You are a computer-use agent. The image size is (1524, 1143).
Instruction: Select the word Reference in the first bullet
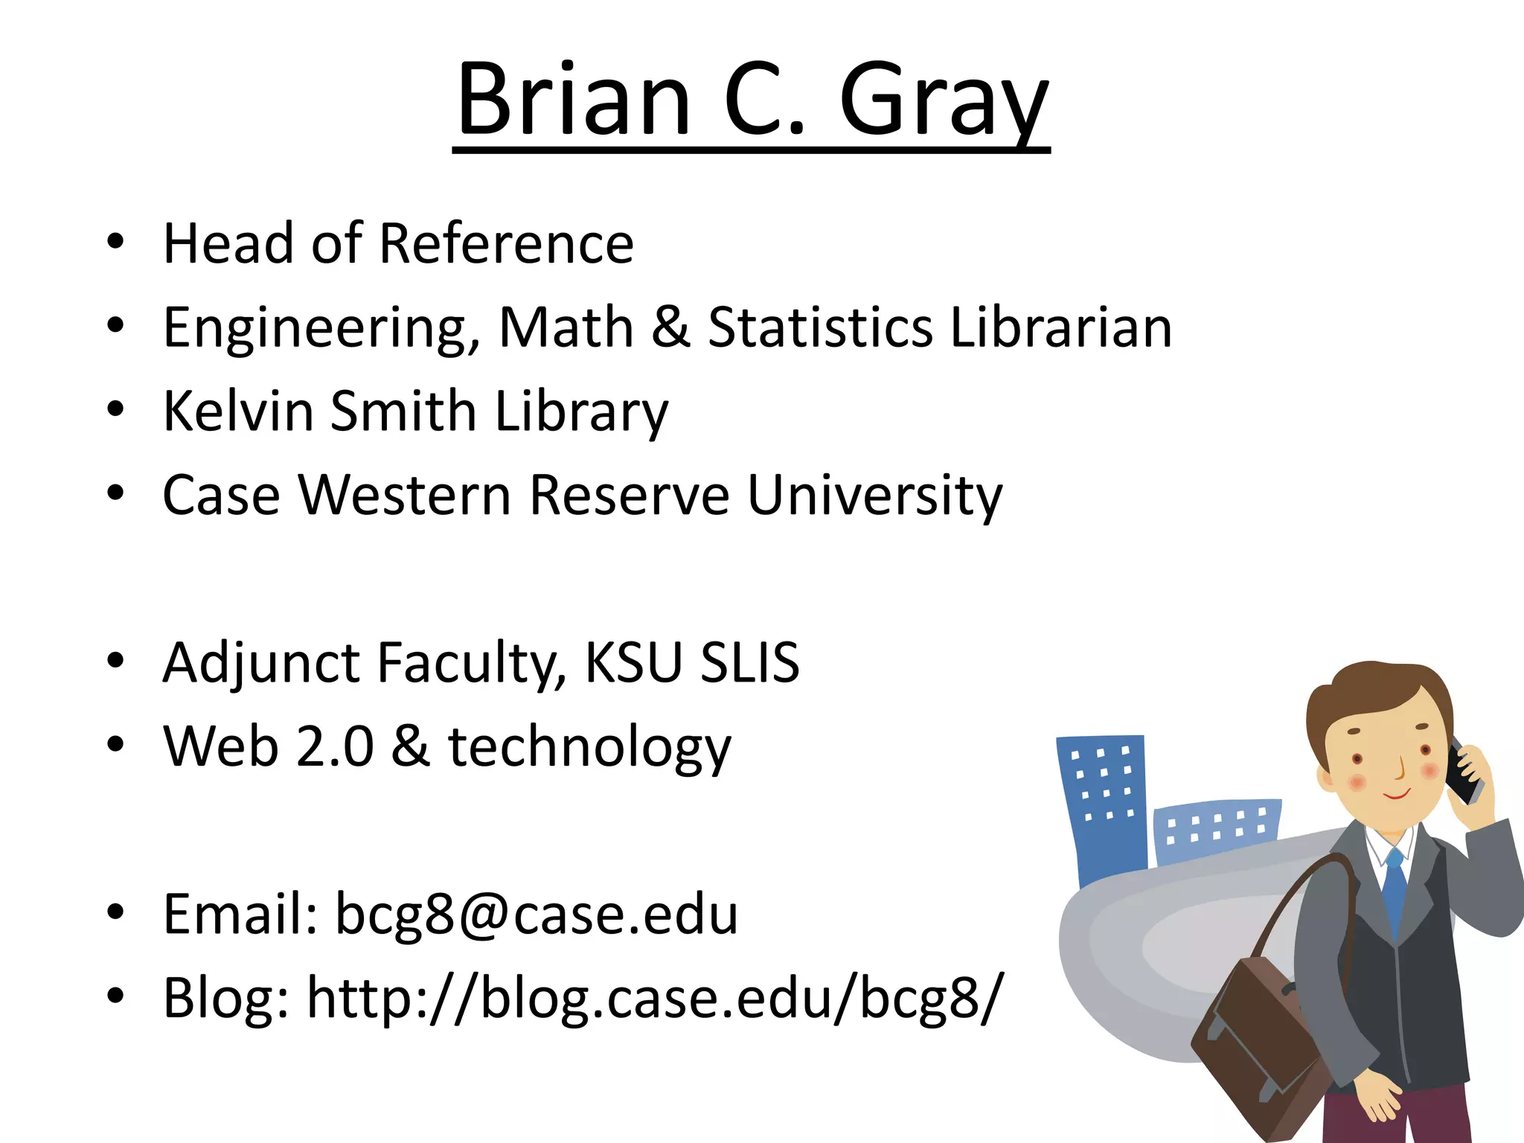[506, 243]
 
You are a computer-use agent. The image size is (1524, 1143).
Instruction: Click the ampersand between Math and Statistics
[670, 327]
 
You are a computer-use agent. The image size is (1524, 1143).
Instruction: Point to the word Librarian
[1060, 327]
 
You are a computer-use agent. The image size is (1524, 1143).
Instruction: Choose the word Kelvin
[238, 411]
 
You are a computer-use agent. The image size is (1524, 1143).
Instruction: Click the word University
[874, 495]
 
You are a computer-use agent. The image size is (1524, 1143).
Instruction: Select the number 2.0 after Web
[335, 746]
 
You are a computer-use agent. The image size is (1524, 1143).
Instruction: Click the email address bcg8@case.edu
[536, 914]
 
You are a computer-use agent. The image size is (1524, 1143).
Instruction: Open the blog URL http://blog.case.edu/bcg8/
[655, 997]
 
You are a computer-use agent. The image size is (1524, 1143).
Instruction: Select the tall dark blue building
[1103, 804]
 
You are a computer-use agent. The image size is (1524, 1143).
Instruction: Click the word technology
[589, 746]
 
